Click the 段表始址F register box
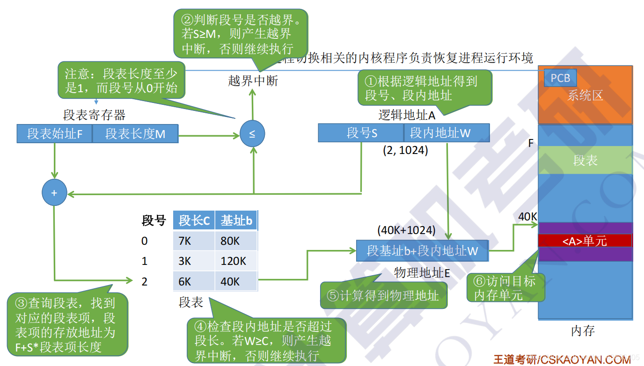(x=54, y=134)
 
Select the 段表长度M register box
(x=135, y=134)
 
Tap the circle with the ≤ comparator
(x=252, y=134)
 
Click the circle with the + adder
(x=54, y=192)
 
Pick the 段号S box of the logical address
(x=361, y=133)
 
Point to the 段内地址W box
(x=446, y=133)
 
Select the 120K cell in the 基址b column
(x=236, y=261)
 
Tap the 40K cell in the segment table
(x=236, y=281)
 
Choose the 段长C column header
(x=194, y=220)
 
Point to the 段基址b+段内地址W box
(x=422, y=251)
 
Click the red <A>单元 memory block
(x=585, y=241)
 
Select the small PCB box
(x=560, y=78)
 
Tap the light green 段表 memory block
(x=585, y=161)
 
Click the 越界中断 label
(x=253, y=81)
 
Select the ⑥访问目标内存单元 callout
(x=505, y=288)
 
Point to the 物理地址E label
(x=422, y=273)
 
